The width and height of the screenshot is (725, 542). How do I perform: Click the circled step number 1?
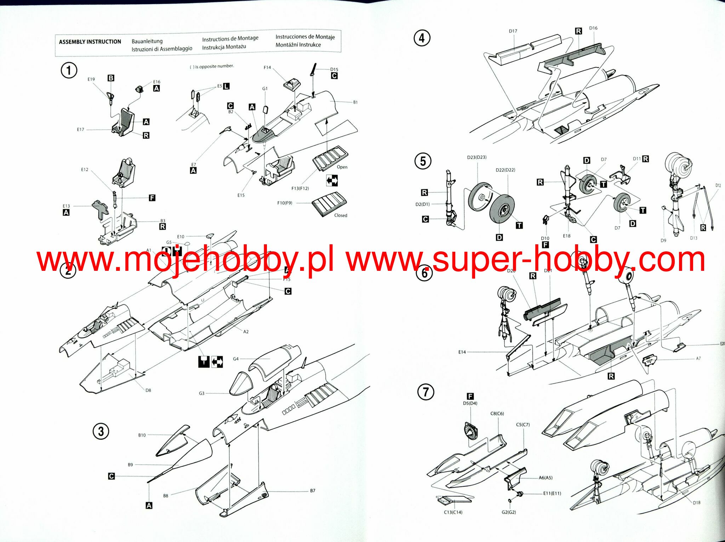(x=69, y=70)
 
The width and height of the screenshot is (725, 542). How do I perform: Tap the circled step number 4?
(x=422, y=38)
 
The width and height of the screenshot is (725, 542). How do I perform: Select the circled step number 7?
(x=426, y=392)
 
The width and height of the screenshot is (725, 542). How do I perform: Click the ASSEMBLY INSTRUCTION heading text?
(x=90, y=42)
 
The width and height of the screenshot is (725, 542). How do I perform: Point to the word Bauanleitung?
(x=147, y=41)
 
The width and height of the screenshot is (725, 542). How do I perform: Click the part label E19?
(x=91, y=79)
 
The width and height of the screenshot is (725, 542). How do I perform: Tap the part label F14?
(x=267, y=67)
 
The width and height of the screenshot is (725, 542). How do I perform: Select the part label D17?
(x=513, y=31)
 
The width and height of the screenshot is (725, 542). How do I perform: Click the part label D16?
(x=593, y=28)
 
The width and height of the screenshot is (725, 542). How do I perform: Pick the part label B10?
(x=142, y=435)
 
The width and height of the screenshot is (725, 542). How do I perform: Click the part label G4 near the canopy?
(x=236, y=359)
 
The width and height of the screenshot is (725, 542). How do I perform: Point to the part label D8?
(x=148, y=390)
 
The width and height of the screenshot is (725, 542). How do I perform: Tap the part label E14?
(x=462, y=352)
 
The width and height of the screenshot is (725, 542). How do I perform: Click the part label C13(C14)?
(x=453, y=512)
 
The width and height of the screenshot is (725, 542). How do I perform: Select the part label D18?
(x=697, y=502)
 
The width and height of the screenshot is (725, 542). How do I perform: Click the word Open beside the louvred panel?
(x=342, y=167)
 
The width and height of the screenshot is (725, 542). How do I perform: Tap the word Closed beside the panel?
(x=341, y=215)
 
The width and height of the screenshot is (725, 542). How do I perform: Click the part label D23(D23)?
(x=477, y=157)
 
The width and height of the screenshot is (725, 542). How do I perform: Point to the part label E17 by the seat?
(x=81, y=129)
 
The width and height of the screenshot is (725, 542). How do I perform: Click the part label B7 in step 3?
(x=313, y=491)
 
